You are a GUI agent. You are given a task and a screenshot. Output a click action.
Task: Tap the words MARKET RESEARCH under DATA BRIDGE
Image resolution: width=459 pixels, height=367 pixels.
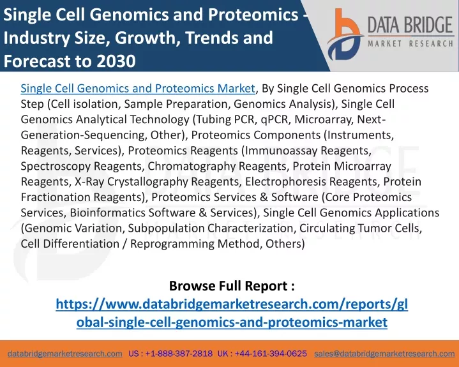coord(410,44)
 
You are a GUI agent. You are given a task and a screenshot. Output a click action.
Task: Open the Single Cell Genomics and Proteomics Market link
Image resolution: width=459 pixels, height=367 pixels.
coord(138,88)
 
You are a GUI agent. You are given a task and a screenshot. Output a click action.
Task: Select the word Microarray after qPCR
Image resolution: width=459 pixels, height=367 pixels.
coord(322,119)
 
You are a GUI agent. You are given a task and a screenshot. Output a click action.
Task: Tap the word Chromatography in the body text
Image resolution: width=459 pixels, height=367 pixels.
coord(192,166)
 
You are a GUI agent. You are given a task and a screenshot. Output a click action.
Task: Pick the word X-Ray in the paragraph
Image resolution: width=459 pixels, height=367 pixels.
coord(89,181)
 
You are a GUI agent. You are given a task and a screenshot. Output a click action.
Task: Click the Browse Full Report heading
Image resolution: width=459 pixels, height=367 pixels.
coord(232,286)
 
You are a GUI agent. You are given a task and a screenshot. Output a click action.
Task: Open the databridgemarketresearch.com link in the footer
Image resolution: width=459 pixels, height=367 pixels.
coord(65,354)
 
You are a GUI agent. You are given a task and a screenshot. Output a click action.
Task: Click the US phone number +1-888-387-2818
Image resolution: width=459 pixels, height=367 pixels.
coord(179,354)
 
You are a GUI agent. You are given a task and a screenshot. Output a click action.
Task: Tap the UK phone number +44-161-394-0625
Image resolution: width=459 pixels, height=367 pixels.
coord(271,354)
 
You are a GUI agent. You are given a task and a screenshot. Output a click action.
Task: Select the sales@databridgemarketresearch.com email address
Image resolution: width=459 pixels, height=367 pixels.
coord(384,354)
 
